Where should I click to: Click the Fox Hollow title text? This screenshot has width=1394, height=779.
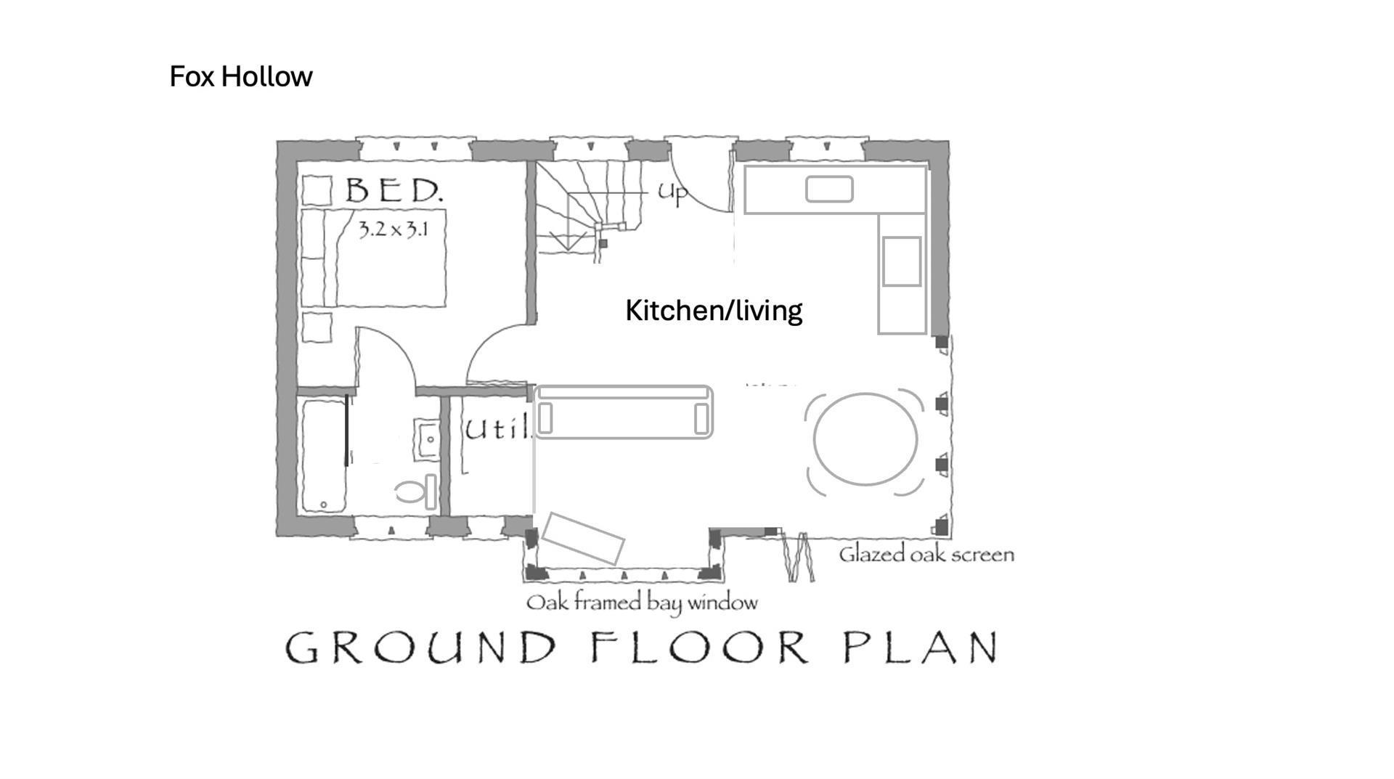click(x=240, y=76)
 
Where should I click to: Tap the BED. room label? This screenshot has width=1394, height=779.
click(x=394, y=190)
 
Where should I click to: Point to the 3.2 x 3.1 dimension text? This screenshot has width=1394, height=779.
click(x=393, y=229)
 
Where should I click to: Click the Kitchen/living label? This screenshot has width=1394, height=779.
click(x=714, y=310)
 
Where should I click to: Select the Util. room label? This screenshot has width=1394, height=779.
click(x=497, y=429)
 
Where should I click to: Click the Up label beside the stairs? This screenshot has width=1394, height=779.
click(x=672, y=193)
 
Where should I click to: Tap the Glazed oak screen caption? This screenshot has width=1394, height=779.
click(x=926, y=555)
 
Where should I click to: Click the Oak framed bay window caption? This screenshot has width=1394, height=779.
click(x=642, y=603)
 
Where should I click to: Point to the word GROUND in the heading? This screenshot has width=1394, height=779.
click(x=420, y=647)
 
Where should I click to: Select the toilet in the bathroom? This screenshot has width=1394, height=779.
click(x=417, y=492)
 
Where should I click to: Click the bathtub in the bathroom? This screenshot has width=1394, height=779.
click(x=324, y=456)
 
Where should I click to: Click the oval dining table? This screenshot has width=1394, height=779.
click(x=865, y=439)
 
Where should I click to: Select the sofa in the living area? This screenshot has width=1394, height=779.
click(x=624, y=412)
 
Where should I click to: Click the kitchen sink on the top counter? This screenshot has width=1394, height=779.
click(x=829, y=189)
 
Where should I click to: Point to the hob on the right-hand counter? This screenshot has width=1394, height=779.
click(x=902, y=261)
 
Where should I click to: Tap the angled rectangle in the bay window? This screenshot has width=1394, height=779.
click(x=583, y=538)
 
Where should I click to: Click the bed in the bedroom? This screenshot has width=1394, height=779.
click(x=373, y=258)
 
